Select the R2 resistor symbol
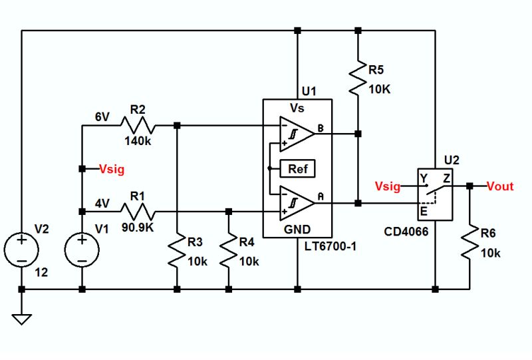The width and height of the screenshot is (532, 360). [x=138, y=124]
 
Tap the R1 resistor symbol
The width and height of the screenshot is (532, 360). [x=138, y=212]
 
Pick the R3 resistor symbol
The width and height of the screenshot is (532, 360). [x=177, y=252]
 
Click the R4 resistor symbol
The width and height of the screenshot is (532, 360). [x=229, y=252]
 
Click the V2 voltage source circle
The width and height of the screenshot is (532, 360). [x=21, y=251]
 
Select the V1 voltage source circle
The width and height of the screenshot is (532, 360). [x=82, y=251]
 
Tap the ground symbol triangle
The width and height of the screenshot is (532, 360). [x=21, y=319]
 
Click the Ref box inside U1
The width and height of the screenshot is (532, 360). [x=298, y=168]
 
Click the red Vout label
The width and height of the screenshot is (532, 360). [x=499, y=186]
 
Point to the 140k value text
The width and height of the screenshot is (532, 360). [x=137, y=141]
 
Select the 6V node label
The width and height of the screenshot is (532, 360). [x=102, y=116]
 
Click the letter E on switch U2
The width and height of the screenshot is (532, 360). [x=423, y=213]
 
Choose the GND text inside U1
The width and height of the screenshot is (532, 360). [x=297, y=229]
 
